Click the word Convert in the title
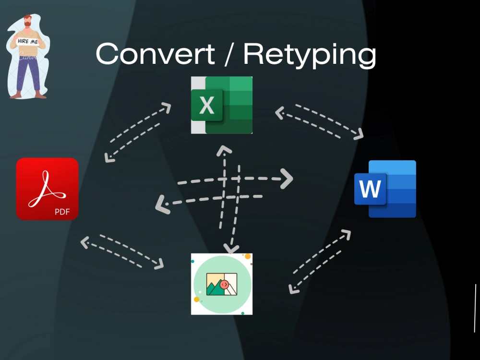pyautogui.click(x=155, y=54)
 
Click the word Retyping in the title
pyautogui.click(x=310, y=56)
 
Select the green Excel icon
pyautogui.click(x=222, y=105)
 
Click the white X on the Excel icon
pyautogui.click(x=206, y=106)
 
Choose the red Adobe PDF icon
pyautogui.click(x=47, y=189)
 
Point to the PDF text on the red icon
pyautogui.click(x=62, y=212)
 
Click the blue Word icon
pyautogui.click(x=385, y=189)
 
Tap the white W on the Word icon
pyautogui.click(x=370, y=189)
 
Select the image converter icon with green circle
pyautogui.click(x=222, y=284)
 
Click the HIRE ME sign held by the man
pyautogui.click(x=27, y=41)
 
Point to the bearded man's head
pyautogui.click(x=27, y=21)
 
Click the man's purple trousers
pyautogui.click(x=28, y=74)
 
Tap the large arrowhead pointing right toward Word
pyautogui.click(x=287, y=179)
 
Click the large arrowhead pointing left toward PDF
pyautogui.click(x=162, y=204)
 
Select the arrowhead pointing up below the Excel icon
pyautogui.click(x=224, y=150)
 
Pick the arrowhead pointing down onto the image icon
pyautogui.click(x=231, y=248)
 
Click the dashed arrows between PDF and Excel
pyautogui.click(x=137, y=132)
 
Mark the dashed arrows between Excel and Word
pyautogui.click(x=319, y=122)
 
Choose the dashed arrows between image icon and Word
pyautogui.click(x=320, y=262)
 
